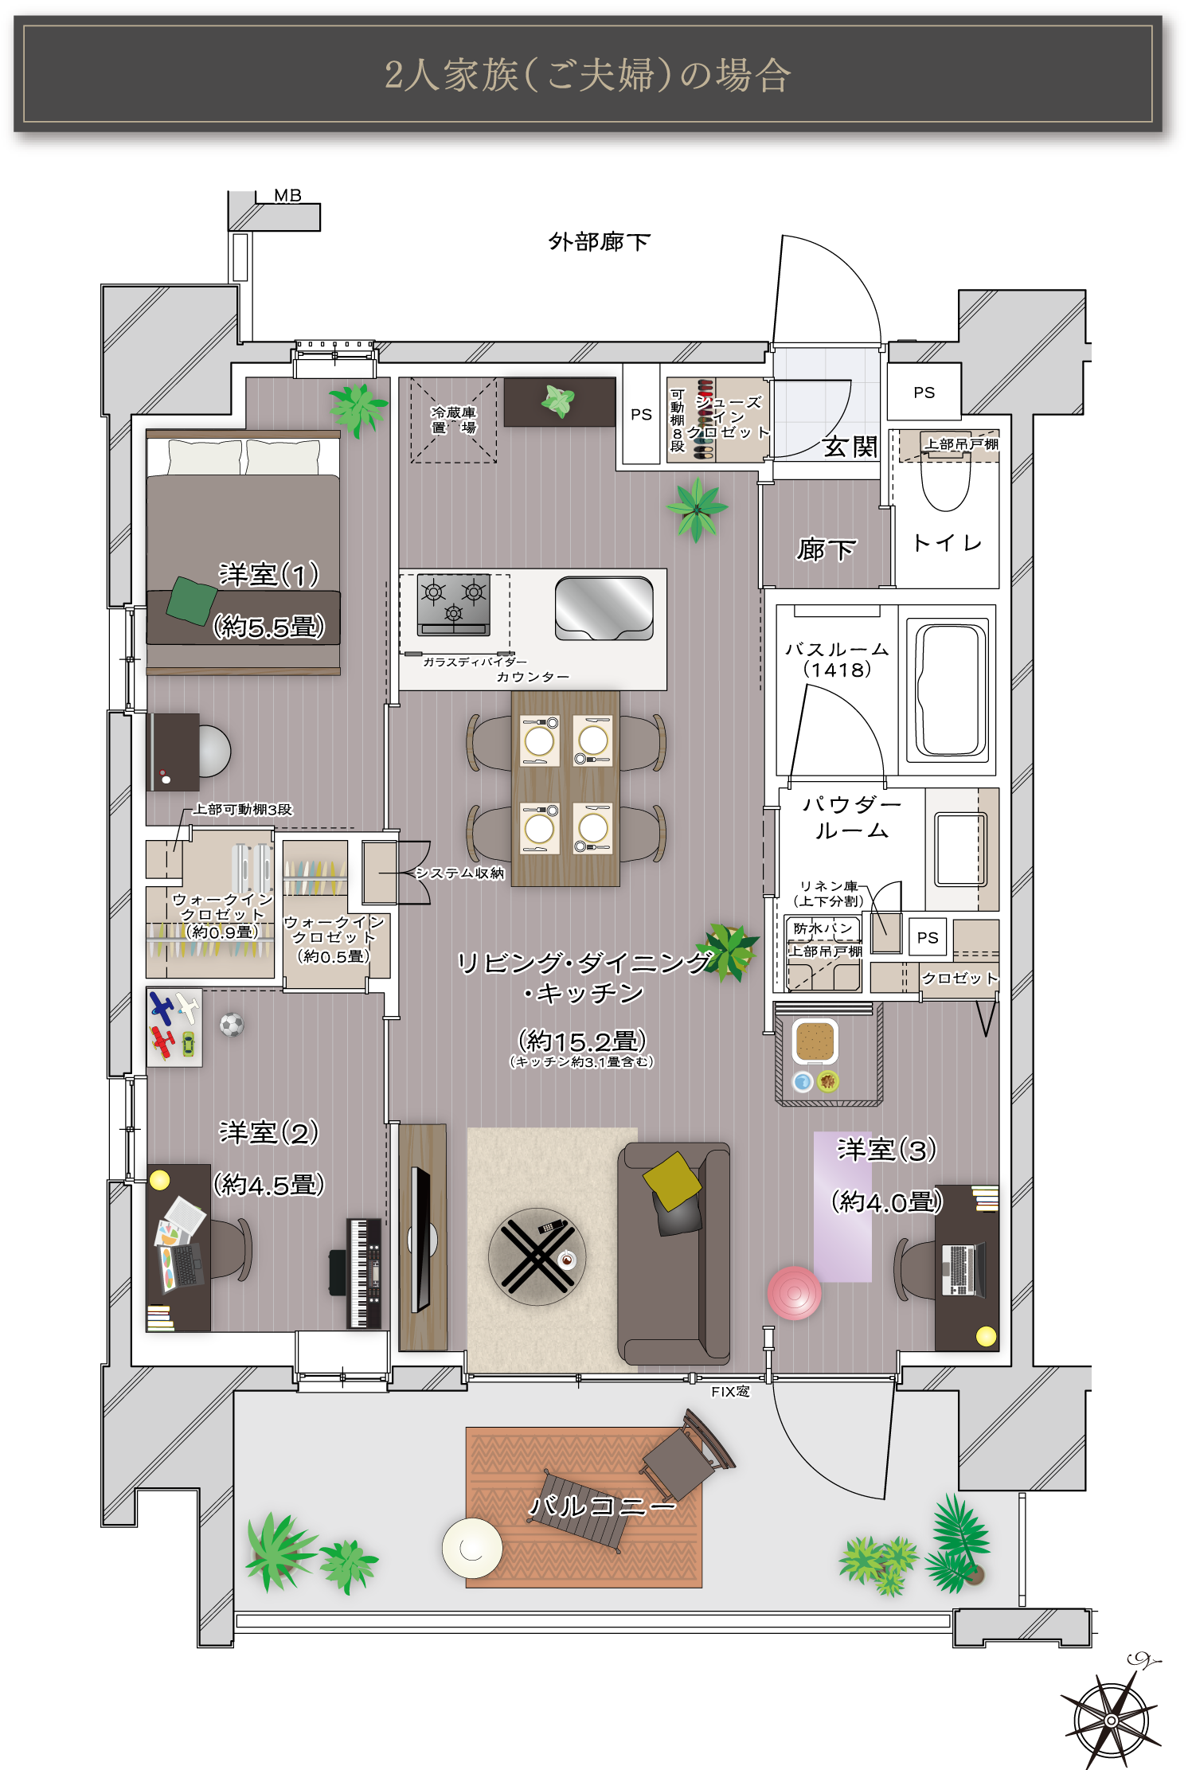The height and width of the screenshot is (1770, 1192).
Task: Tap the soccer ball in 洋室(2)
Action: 232,1024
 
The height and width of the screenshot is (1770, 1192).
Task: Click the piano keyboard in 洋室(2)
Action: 364,1273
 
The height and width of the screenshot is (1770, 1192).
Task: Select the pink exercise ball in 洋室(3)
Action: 794,1293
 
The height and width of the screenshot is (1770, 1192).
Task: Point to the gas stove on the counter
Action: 453,605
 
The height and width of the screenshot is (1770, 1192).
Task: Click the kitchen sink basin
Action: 604,608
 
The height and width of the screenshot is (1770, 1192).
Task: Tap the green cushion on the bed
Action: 191,601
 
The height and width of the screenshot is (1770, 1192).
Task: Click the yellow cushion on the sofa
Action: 673,1182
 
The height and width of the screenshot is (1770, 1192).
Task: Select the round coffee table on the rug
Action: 537,1256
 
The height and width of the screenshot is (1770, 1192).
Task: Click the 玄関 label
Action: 850,447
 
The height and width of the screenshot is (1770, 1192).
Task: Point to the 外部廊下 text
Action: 600,241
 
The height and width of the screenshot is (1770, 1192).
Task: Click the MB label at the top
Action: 287,195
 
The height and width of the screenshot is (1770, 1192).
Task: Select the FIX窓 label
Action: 730,1391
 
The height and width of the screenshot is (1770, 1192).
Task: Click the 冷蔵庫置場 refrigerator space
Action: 454,420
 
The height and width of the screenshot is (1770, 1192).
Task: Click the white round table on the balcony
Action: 472,1548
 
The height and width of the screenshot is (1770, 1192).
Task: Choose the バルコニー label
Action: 603,1506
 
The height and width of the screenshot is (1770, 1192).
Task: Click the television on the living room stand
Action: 420,1239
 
